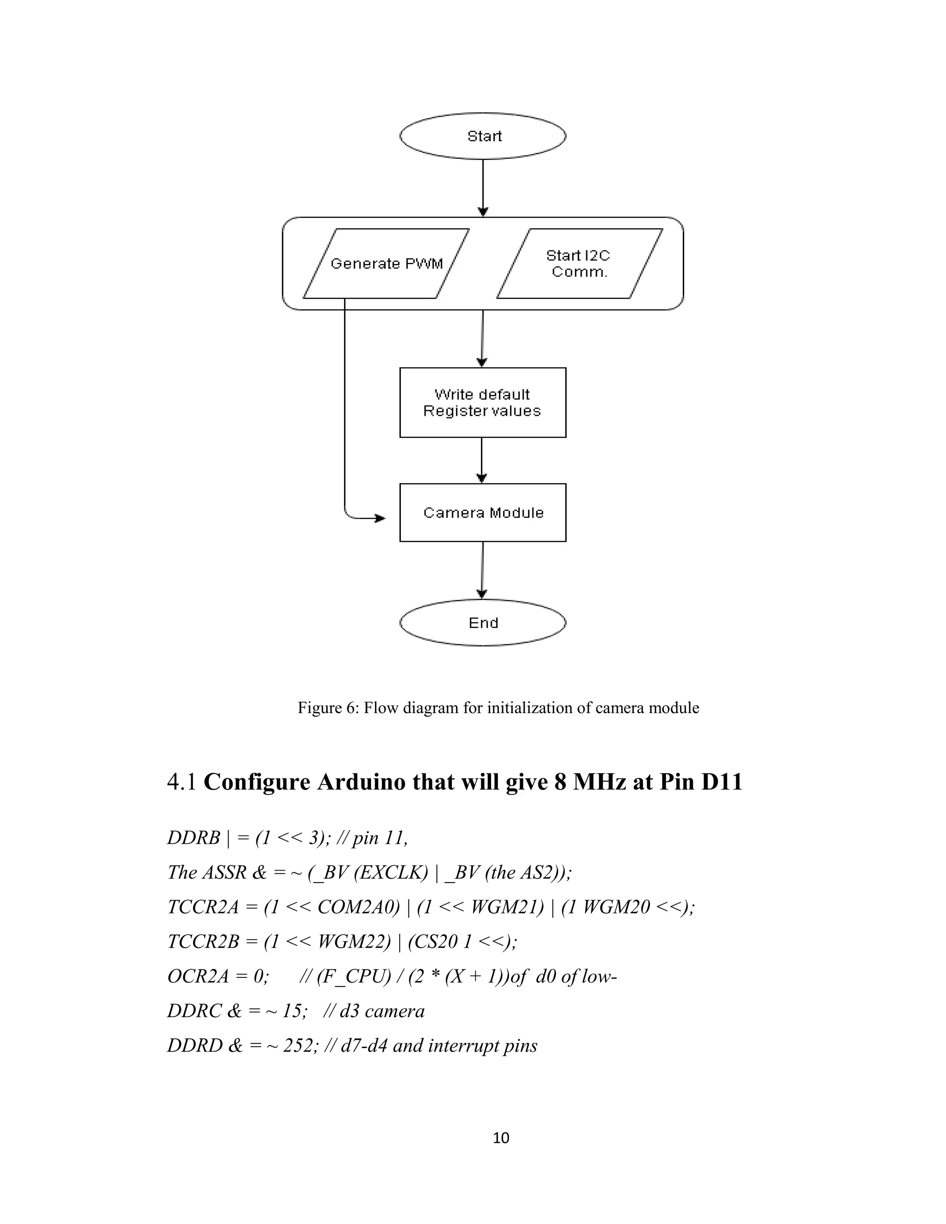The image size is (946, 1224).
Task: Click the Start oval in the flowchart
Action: coord(483,136)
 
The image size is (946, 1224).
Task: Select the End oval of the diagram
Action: coord(483,623)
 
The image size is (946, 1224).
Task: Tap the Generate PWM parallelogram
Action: coord(386,263)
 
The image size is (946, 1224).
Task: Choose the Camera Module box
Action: coord(483,512)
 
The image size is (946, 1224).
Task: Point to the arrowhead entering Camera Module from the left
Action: coord(381,518)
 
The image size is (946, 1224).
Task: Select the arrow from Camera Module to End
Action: coord(483,570)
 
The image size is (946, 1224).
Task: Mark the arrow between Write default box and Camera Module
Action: coord(482,460)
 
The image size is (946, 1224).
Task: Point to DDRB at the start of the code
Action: coord(194,838)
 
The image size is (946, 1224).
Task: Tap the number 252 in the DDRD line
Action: coord(297,1046)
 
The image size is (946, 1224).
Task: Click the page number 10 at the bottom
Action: coord(500,1137)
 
